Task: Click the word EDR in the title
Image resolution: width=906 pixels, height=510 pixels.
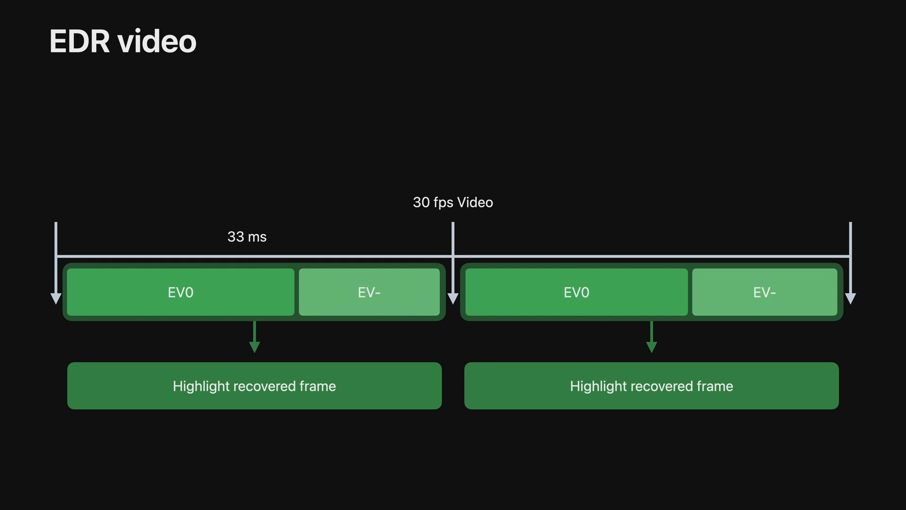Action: click(x=80, y=42)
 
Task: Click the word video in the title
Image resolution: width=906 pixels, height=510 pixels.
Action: click(x=157, y=42)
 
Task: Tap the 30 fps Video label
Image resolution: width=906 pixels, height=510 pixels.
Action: click(x=453, y=203)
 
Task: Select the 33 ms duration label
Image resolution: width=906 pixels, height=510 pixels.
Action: click(x=247, y=237)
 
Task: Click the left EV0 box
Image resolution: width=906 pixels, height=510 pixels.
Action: click(x=181, y=292)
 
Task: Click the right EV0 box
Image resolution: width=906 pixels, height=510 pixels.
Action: click(x=576, y=292)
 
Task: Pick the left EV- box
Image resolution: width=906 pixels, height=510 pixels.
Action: click(x=369, y=292)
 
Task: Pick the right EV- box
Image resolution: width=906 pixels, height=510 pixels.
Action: click(x=764, y=292)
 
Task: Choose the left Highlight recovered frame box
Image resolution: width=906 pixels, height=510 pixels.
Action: click(x=254, y=386)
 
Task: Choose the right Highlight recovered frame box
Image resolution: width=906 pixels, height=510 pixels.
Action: click(x=651, y=386)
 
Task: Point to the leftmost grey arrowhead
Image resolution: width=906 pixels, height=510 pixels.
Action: click(x=56, y=298)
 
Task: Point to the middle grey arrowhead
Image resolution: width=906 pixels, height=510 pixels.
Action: click(x=453, y=298)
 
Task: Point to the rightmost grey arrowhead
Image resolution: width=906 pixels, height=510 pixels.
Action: click(x=850, y=298)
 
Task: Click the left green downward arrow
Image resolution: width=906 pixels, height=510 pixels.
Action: click(x=254, y=347)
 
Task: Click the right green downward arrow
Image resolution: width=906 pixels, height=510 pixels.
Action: click(x=651, y=347)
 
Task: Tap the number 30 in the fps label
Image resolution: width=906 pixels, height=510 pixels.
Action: click(x=421, y=203)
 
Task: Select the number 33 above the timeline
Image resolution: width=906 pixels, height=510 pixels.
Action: click(x=235, y=237)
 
